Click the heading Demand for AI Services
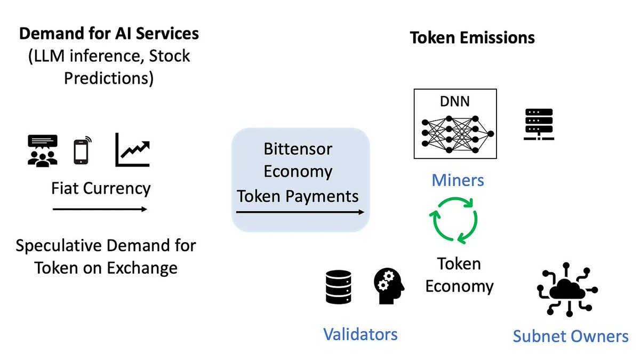pyautogui.click(x=109, y=34)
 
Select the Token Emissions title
pyautogui.click(x=472, y=38)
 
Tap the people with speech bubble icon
pyautogui.click(x=43, y=150)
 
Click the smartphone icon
pyautogui.click(x=82, y=150)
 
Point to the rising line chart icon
pyautogui.click(x=133, y=150)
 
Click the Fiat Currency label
pyautogui.click(x=101, y=188)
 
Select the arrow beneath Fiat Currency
pyautogui.click(x=100, y=210)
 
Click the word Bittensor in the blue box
pyautogui.click(x=298, y=149)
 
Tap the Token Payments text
pyautogui.click(x=298, y=196)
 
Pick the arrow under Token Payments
pyautogui.click(x=300, y=212)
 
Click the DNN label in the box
pyautogui.click(x=455, y=101)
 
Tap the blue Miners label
pyautogui.click(x=458, y=180)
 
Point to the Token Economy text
pyautogui.click(x=459, y=275)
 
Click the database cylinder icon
pyautogui.click(x=338, y=287)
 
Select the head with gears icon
pyautogui.click(x=388, y=286)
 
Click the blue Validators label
pyautogui.click(x=361, y=334)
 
